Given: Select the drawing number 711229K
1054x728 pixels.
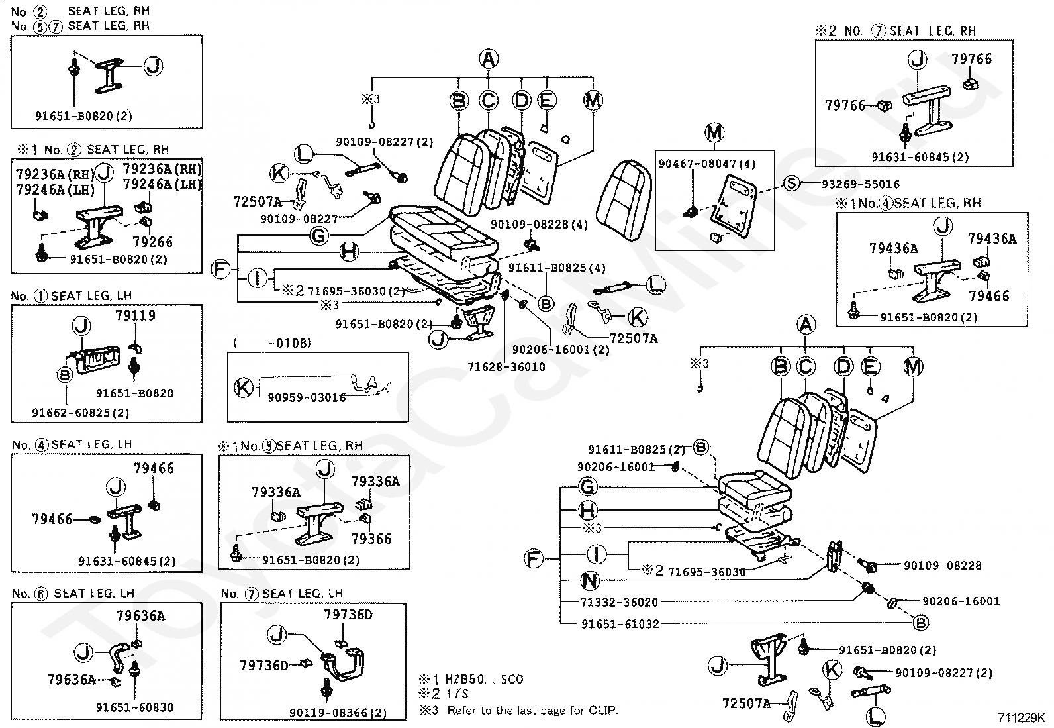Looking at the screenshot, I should [x=1022, y=717].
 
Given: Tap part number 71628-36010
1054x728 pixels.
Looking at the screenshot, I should [x=506, y=366].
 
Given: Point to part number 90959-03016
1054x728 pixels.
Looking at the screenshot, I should [x=307, y=397].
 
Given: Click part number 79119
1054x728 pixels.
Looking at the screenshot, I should [x=135, y=315].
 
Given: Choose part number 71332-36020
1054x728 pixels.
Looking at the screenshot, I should [x=620, y=602].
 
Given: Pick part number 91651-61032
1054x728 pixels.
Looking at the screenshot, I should [x=620, y=623].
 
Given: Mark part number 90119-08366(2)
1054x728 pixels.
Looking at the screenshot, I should [x=338, y=713].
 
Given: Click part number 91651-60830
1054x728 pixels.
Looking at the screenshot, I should [x=134, y=707].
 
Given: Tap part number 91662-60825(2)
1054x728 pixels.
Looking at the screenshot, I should [x=80, y=412].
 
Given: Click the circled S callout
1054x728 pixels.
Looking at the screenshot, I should [x=792, y=183].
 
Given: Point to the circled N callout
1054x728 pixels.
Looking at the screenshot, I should [x=589, y=581].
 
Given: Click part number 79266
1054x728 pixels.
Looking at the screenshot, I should [x=152, y=242].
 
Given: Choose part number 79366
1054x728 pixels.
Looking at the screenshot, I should [x=371, y=539].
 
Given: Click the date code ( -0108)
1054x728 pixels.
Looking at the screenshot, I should [x=272, y=342].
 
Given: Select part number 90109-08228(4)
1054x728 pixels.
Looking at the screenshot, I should [x=539, y=224].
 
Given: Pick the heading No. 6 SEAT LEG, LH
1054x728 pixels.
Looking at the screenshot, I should [x=73, y=593].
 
